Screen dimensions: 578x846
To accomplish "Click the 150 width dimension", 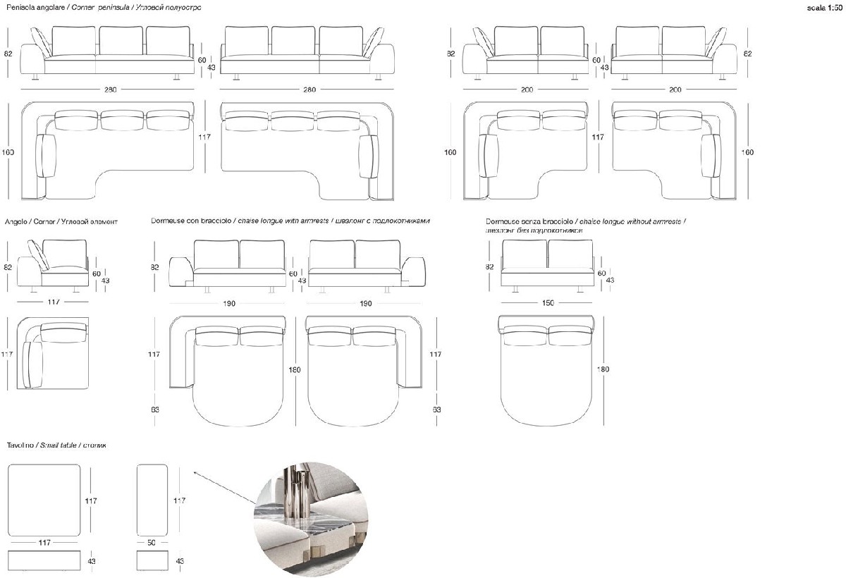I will (548, 302).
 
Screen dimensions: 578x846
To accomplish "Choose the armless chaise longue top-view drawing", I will (548, 367).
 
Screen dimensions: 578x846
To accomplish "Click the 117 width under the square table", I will (45, 542).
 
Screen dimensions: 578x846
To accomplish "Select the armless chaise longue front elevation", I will (548, 264).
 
